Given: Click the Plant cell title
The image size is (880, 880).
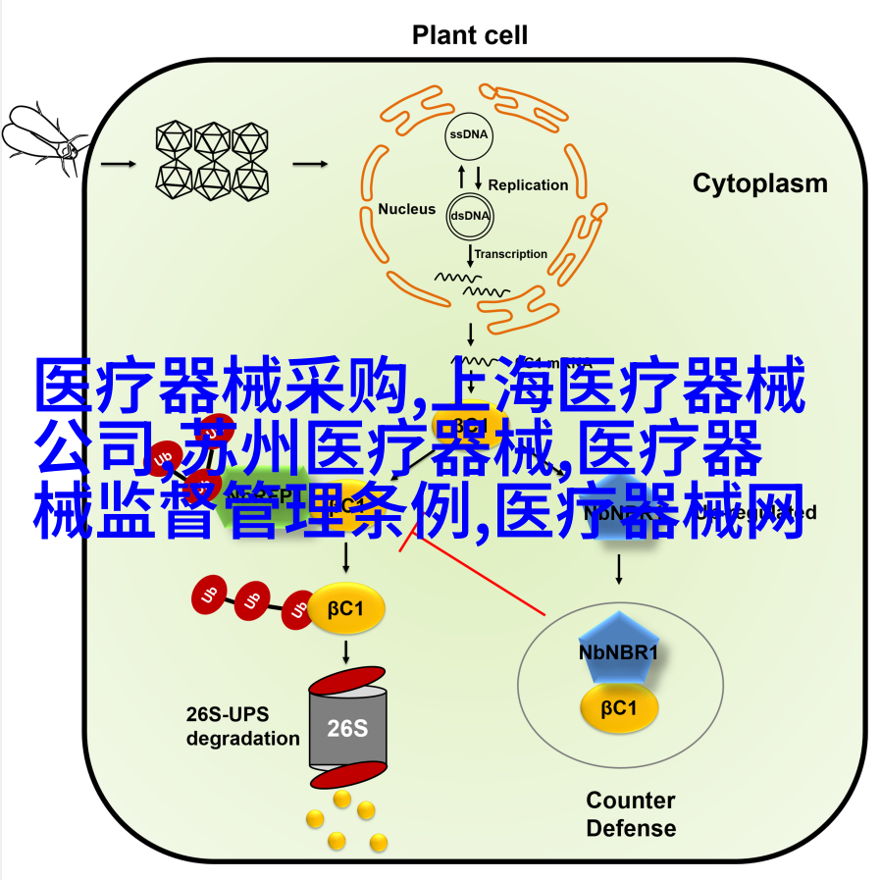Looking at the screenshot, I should click(469, 36).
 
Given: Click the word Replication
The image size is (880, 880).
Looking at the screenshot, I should click(528, 184).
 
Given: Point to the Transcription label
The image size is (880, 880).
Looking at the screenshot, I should click(511, 254).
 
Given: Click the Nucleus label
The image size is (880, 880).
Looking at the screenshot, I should click(406, 209).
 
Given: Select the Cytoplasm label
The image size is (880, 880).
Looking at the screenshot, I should click(759, 183).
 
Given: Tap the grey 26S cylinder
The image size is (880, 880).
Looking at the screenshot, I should click(347, 727).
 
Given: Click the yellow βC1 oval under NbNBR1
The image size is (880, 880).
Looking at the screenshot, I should click(618, 708).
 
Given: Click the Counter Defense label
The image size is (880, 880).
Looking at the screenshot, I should click(630, 814).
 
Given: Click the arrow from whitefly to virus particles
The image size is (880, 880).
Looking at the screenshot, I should click(119, 163).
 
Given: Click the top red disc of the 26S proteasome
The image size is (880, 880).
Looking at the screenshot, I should click(347, 678).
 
